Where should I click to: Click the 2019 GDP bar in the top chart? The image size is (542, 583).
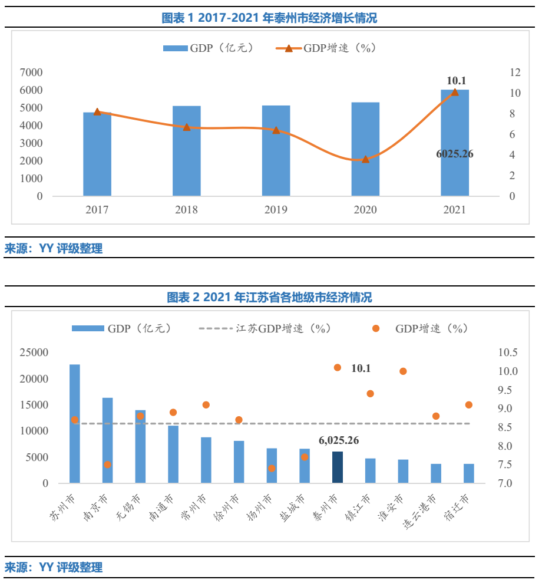click(x=276, y=151)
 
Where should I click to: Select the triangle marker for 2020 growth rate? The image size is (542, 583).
click(x=365, y=159)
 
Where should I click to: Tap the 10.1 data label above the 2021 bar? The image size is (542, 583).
click(x=457, y=81)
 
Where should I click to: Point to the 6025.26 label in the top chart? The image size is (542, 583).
click(x=454, y=154)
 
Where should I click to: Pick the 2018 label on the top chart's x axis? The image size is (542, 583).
click(x=186, y=210)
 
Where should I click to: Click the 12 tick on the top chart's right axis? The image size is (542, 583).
click(x=515, y=73)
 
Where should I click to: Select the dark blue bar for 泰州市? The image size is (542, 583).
click(x=337, y=467)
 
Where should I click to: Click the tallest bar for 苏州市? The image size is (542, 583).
click(x=75, y=424)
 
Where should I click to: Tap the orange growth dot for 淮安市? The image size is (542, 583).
click(x=403, y=371)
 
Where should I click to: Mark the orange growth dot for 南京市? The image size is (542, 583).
click(x=107, y=465)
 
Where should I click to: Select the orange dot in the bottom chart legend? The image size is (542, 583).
click(x=376, y=329)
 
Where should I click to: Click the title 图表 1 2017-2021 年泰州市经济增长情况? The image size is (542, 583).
click(x=269, y=18)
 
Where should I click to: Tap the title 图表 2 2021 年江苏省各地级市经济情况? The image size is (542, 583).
click(x=269, y=297)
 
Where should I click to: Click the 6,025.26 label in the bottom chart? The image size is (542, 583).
click(x=339, y=440)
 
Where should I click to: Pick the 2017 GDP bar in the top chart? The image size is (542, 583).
click(x=97, y=154)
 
